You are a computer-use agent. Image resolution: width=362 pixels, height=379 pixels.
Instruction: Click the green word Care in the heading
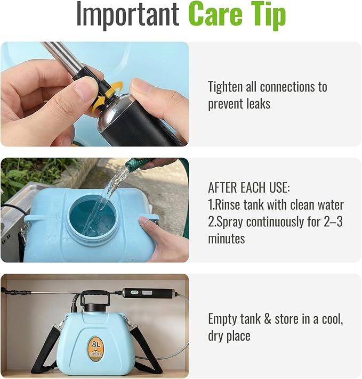coord(215,13)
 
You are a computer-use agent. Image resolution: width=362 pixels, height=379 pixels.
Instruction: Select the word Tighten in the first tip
coord(225,87)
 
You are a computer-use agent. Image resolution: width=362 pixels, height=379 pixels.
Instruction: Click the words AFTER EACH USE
coord(248,187)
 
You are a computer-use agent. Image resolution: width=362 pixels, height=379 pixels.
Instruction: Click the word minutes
coord(227,238)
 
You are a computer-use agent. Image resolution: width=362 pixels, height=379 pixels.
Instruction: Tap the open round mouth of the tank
coord(92,216)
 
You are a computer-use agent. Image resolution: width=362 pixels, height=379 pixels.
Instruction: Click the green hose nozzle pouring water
coord(137,163)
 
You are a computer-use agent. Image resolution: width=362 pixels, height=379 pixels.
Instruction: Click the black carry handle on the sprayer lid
coord(95,298)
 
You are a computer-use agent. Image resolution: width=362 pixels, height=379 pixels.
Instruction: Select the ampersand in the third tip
coord(267,319)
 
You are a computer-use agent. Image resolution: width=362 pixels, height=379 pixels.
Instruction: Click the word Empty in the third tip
coord(220,319)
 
